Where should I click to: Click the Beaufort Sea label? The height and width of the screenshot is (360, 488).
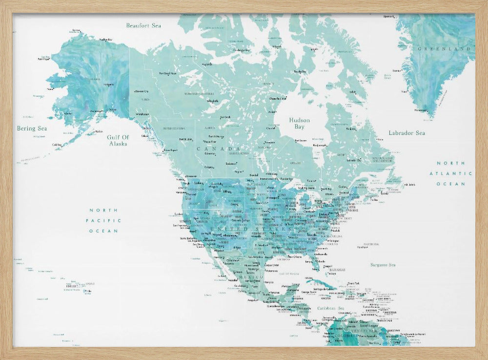tap(143, 25)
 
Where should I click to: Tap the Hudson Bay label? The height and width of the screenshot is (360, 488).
tap(299, 124)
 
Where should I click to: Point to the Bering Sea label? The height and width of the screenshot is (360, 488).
tap(33, 128)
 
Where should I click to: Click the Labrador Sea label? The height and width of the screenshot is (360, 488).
tap(407, 133)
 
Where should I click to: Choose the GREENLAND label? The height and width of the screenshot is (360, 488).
tap(445, 49)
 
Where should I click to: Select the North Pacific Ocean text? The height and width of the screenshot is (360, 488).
tap(103, 220)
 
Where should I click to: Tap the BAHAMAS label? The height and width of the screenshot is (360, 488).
tap(337, 270)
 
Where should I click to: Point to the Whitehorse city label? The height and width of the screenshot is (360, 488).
tap(142, 114)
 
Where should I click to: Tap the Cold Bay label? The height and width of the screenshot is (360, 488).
tap(57, 145)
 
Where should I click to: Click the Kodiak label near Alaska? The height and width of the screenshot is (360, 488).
tap(99, 131)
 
